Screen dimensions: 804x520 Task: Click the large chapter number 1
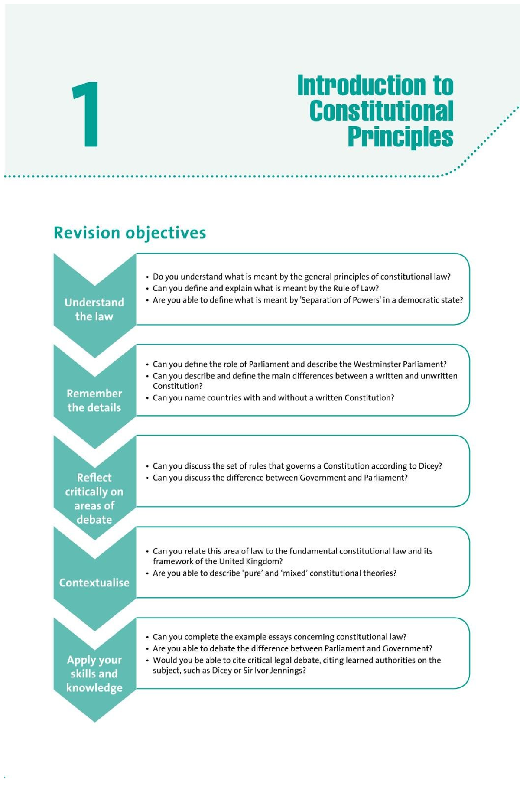87,114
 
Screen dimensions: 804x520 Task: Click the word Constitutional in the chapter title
381,111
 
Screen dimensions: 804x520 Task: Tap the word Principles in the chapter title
400,137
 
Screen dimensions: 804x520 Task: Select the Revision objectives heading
130,233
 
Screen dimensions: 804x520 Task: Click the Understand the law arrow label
94,309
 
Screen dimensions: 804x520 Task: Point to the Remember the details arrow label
94,400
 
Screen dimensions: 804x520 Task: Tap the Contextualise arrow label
94,583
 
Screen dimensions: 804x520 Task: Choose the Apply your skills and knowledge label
94,674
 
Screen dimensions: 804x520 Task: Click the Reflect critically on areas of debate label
94,498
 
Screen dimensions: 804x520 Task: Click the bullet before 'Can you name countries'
147,398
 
